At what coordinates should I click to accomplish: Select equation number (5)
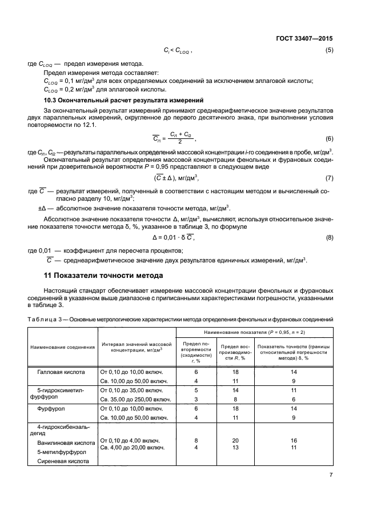click(x=329, y=51)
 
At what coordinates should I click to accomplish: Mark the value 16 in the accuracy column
click(x=295, y=440)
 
